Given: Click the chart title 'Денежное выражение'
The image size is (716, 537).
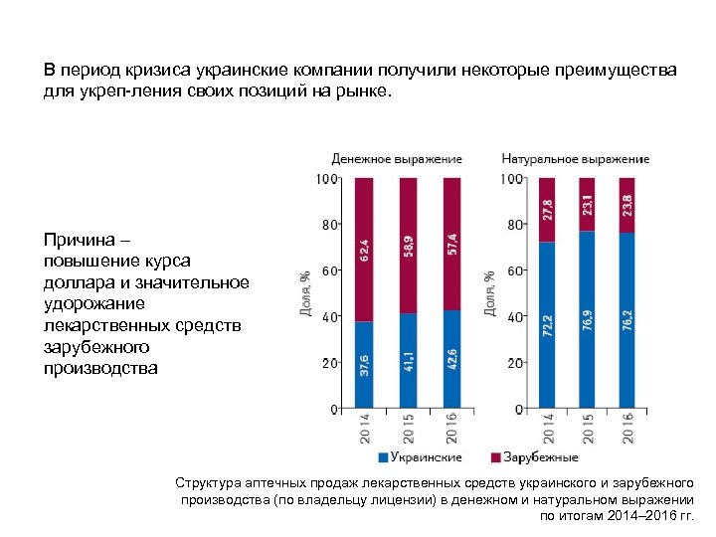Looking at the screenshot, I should [x=396, y=159].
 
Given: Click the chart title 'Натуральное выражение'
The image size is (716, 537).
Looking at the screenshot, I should [x=575, y=159].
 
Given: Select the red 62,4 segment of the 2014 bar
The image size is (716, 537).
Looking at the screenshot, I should [x=364, y=250].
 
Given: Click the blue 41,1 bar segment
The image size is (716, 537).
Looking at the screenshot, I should [x=408, y=361].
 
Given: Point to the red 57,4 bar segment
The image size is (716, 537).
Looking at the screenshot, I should [x=451, y=244].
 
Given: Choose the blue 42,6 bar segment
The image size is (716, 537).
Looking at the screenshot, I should [x=451, y=359].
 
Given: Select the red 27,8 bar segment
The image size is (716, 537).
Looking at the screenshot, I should [x=546, y=210].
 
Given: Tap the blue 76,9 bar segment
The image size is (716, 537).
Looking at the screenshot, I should [x=587, y=319].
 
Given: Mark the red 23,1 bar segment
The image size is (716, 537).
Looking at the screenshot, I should [x=587, y=205].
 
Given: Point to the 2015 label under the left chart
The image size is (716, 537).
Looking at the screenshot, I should [x=409, y=428].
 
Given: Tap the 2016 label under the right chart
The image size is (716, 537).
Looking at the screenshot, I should [x=627, y=428].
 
